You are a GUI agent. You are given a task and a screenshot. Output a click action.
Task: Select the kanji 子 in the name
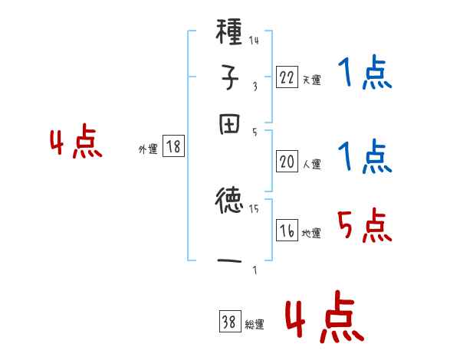pyautogui.click(x=230, y=80)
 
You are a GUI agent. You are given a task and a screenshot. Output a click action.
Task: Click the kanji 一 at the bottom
pyautogui.click(x=230, y=261)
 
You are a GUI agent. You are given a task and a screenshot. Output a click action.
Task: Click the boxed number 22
pyautogui.click(x=287, y=76)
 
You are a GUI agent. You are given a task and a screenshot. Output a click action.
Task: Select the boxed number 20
pyautogui.click(x=287, y=162)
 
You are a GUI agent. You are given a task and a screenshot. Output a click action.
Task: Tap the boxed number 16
pyautogui.click(x=287, y=231)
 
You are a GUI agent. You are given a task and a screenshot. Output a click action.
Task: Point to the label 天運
pyautogui.click(x=311, y=79)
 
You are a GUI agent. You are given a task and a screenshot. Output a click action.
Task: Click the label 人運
pyautogui.click(x=311, y=164)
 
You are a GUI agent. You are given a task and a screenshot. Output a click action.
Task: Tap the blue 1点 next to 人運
pyautogui.click(x=364, y=157)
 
